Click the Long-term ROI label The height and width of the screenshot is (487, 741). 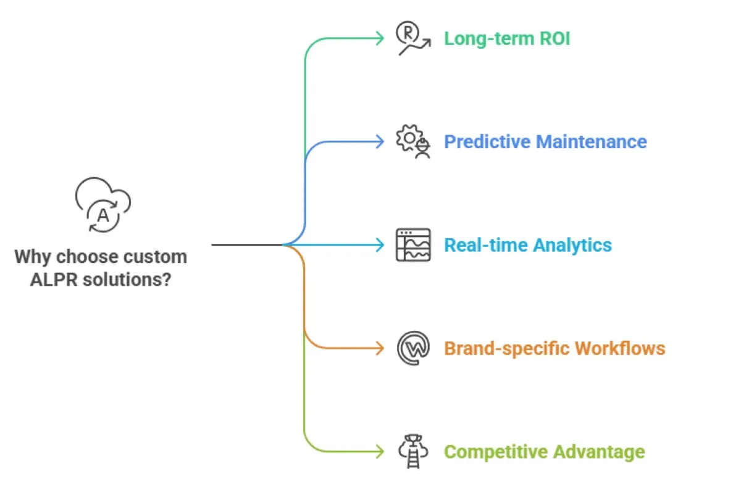(x=507, y=39)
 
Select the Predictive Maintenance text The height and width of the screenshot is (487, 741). (x=545, y=142)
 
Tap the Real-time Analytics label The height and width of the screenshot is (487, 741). (x=528, y=245)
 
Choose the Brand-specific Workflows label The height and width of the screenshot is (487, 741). (x=555, y=348)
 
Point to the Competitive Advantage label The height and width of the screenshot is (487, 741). (x=544, y=452)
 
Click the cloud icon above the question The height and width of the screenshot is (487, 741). (x=103, y=206)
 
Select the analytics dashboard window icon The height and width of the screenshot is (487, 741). (x=413, y=245)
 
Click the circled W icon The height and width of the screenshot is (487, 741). (x=413, y=348)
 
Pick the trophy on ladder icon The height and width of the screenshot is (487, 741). (x=413, y=451)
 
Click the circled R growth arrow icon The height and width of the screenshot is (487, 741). (x=412, y=39)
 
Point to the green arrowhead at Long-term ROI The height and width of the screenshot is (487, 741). (x=380, y=39)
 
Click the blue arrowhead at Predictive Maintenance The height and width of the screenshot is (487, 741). (x=380, y=142)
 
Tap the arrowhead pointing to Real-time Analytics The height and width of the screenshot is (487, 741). (x=380, y=245)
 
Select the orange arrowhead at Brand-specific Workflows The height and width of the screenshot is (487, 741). (x=380, y=348)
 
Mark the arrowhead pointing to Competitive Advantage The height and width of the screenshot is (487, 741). (x=380, y=451)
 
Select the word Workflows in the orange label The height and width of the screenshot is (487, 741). (x=620, y=348)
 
